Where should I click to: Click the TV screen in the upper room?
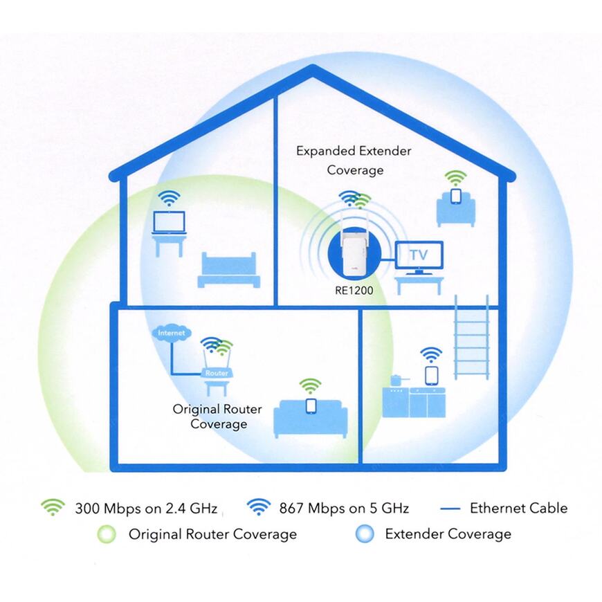click(419, 255)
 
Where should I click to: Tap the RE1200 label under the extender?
click(354, 291)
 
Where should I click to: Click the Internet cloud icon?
click(172, 334)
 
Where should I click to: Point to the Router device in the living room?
click(217, 372)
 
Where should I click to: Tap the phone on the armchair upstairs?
click(455, 197)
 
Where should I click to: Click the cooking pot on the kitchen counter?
click(397, 380)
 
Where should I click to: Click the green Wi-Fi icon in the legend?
click(52, 507)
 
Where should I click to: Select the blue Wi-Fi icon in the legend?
click(259, 507)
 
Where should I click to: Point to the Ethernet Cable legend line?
click(450, 509)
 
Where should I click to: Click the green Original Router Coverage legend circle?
click(107, 534)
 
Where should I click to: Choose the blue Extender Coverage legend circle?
click(365, 534)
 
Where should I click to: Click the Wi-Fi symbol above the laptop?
click(169, 198)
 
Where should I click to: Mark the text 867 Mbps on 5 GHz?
click(344, 509)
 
